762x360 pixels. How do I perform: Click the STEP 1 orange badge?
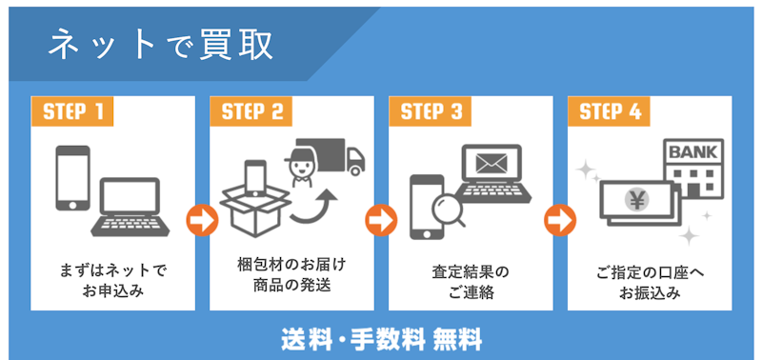pos(72,111)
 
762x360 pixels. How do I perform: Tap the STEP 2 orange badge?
pos(251,111)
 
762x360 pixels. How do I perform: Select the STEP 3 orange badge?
pos(431,111)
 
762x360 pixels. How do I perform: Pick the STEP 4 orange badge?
pos(610,111)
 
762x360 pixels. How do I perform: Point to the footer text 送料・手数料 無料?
pos(381,337)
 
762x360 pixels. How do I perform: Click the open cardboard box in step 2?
pos(252,205)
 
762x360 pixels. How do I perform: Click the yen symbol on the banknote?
pos(633,200)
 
